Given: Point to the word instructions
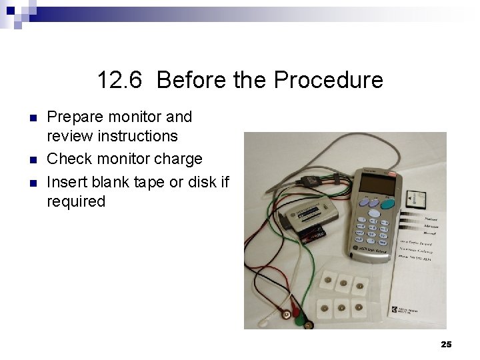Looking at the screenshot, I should (x=112, y=137).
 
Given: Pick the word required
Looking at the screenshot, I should (x=76, y=201).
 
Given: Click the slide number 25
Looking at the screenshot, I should (x=446, y=344).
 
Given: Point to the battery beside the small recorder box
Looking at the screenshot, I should (x=313, y=233).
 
